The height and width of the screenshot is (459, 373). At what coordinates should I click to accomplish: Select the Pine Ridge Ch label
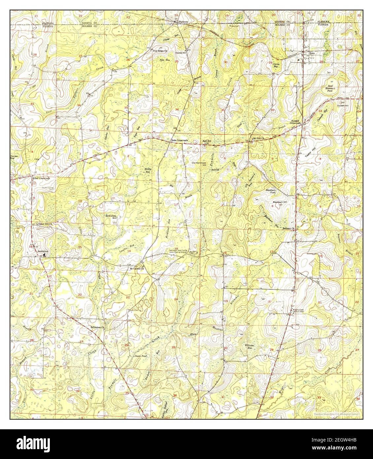coord(160,51)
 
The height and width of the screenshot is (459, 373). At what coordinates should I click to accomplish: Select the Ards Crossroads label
coord(179,140)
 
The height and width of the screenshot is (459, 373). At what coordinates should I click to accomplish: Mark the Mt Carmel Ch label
coord(137,268)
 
